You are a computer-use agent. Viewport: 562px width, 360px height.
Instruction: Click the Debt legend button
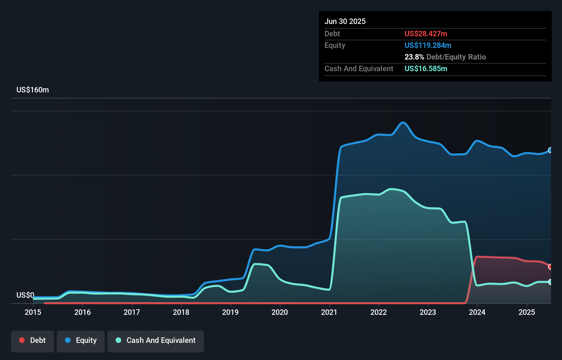point(33,341)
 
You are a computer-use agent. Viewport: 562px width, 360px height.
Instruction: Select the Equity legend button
point(81,341)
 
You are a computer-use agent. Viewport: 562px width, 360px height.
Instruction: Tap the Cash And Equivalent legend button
point(156,341)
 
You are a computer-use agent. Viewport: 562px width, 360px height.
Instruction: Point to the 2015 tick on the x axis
point(33,312)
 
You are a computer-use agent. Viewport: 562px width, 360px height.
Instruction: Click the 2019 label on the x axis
point(230,312)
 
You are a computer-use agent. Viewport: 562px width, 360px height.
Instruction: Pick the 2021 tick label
point(329,312)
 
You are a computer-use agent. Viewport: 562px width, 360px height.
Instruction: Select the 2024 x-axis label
point(477,312)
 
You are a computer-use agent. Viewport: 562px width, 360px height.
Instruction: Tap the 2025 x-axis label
point(526,312)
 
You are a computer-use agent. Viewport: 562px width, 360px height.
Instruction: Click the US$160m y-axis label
point(33,90)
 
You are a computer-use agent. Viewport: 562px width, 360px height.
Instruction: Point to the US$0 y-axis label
point(25,295)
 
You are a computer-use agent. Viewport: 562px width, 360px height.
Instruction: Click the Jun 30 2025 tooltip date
point(345,22)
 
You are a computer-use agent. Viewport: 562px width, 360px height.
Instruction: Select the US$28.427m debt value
point(426,34)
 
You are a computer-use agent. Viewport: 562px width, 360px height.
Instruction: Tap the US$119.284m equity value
point(428,46)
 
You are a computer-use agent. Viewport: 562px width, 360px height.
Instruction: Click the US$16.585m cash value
point(426,69)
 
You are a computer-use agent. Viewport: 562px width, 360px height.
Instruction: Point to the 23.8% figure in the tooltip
point(414,57)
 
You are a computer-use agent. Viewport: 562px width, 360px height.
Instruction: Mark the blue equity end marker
point(550,150)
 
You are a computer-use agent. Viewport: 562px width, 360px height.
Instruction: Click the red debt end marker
point(550,267)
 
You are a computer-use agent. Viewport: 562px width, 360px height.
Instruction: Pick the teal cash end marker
point(550,282)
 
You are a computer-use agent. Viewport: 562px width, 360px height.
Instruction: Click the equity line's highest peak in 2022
point(403,123)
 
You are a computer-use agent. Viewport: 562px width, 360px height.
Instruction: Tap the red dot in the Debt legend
point(22,340)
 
